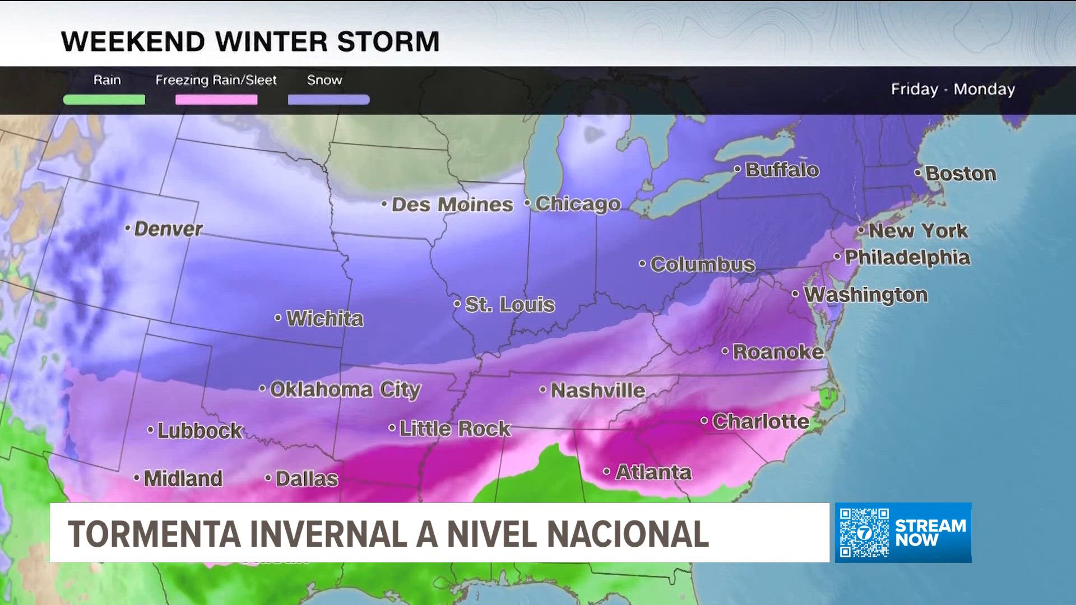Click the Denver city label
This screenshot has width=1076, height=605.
[168, 229]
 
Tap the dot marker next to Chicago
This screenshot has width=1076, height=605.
[528, 203]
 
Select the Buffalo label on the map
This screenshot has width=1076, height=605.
[782, 170]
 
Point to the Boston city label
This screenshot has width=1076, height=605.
[961, 174]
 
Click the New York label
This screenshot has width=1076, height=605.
[918, 231]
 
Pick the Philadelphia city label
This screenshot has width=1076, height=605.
[907, 258]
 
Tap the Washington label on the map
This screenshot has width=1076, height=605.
[866, 295]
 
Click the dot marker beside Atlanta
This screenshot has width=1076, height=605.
[607, 472]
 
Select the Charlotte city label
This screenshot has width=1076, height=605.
[760, 421]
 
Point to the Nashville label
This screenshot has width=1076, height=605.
[597, 390]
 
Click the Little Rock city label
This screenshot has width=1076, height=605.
[454, 429]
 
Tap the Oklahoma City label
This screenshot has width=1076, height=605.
[345, 389]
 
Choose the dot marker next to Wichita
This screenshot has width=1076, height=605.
[278, 318]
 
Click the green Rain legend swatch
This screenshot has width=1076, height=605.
[104, 100]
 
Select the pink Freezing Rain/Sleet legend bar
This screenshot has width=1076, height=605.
[216, 100]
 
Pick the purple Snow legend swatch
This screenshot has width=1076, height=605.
[328, 100]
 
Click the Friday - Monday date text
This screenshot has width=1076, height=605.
[953, 90]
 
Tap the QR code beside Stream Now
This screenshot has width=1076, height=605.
[864, 533]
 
